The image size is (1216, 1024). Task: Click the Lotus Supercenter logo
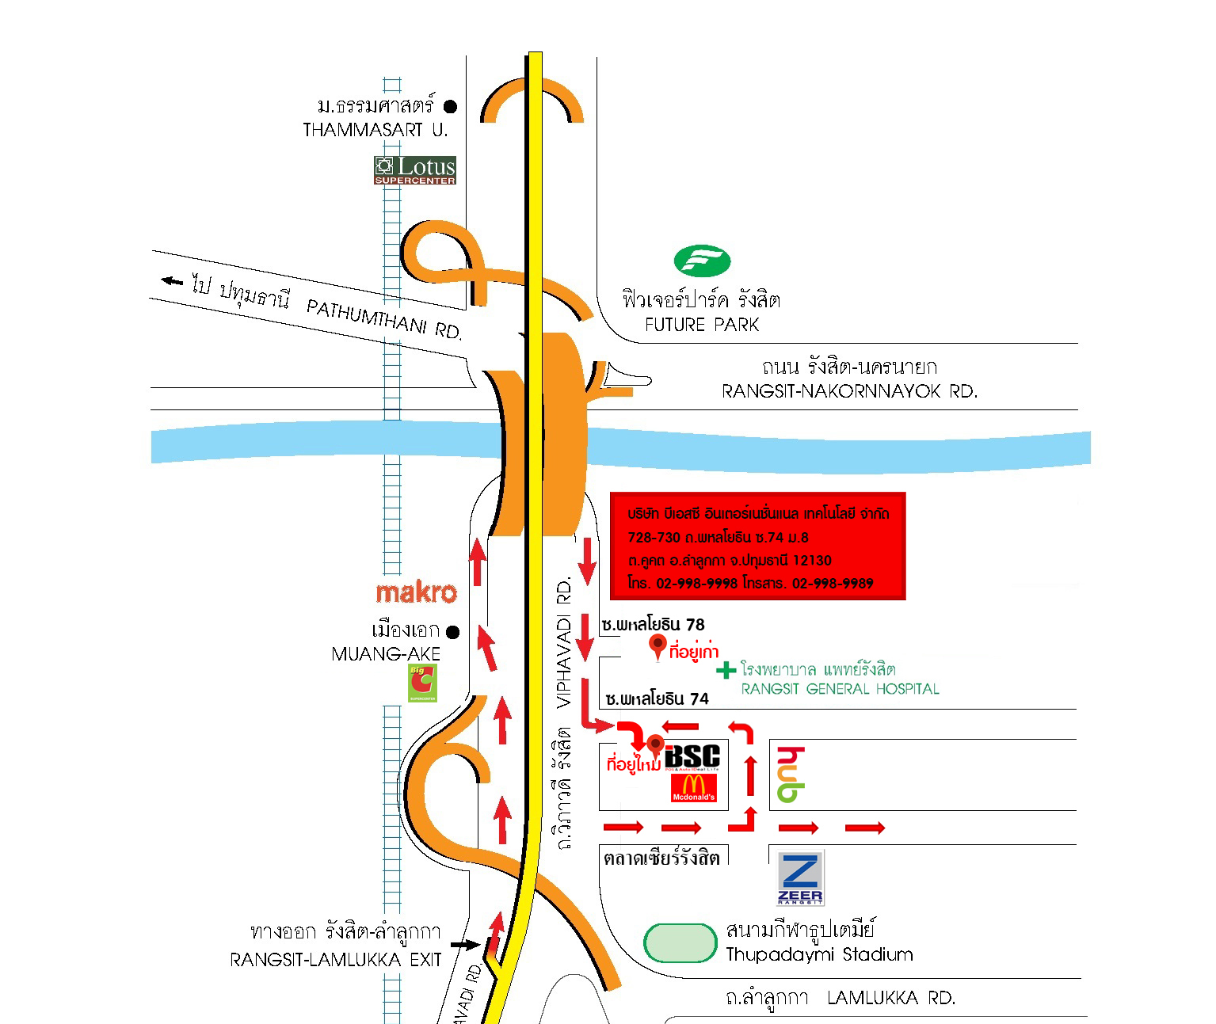[415, 169]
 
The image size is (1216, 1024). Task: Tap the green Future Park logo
[702, 261]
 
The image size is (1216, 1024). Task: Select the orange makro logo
[417, 592]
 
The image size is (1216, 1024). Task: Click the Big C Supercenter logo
[422, 683]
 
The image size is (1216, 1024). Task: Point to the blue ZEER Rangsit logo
[800, 878]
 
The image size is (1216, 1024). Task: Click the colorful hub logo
[791, 775]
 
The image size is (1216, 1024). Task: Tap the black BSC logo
[693, 756]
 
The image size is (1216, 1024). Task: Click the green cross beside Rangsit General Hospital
[726, 671]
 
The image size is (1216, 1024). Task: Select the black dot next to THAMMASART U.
[451, 106]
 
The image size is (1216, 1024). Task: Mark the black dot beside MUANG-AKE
[453, 632]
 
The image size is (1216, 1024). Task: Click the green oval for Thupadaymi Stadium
[680, 943]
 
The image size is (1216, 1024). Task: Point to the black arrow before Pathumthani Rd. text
[172, 280]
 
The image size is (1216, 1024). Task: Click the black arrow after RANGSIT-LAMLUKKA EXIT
[465, 945]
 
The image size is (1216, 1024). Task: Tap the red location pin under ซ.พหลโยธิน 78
[657, 646]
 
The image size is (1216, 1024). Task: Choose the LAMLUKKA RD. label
[891, 998]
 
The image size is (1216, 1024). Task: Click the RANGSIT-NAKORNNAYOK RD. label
[849, 391]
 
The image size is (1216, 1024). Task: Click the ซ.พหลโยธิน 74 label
[657, 699]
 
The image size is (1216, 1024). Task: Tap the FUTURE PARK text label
[702, 325]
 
